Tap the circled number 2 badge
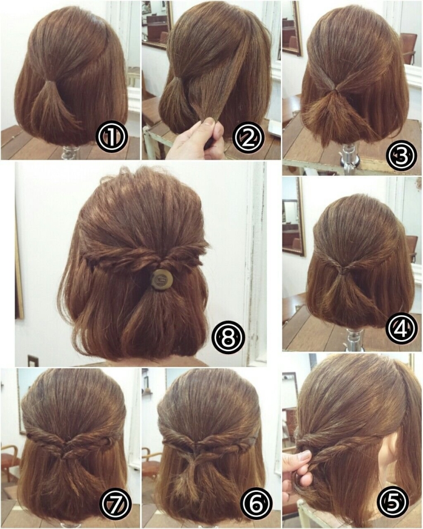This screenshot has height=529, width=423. [249, 137]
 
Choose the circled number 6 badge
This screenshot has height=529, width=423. [255, 504]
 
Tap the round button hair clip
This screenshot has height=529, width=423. [161, 279]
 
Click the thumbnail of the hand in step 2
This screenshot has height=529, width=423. [210, 122]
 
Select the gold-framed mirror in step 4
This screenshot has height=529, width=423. [293, 216]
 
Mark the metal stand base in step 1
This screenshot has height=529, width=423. [72, 153]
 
